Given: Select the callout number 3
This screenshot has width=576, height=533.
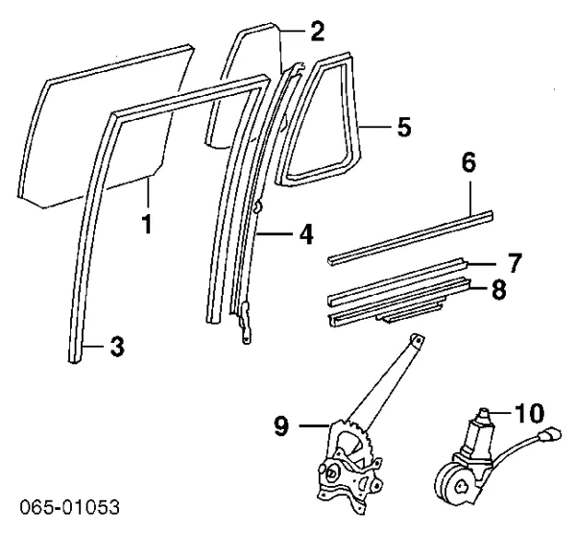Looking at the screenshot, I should pyautogui.click(x=116, y=348).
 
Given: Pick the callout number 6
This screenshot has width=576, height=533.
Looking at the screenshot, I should pyautogui.click(x=468, y=162).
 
